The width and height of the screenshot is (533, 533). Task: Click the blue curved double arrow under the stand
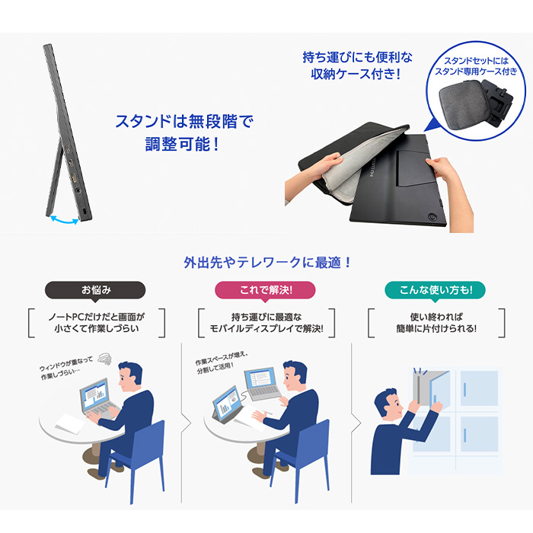tap(63, 219)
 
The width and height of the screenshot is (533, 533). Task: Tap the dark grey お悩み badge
tap(96, 290)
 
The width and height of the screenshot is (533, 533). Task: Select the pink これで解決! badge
tap(266, 290)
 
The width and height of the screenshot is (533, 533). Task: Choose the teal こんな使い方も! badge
tap(435, 290)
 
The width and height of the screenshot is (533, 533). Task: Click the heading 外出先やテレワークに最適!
tap(266, 262)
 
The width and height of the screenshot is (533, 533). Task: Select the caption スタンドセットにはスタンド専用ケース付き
tap(476, 65)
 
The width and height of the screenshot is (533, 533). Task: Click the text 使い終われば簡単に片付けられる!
tap(436, 322)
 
